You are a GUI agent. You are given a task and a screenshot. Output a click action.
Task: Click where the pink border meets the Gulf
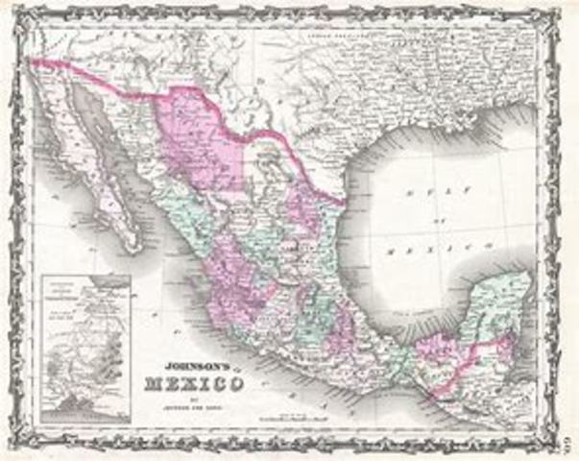tap(342, 200)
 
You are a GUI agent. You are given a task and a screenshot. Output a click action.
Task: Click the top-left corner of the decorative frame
tap(13, 12)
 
